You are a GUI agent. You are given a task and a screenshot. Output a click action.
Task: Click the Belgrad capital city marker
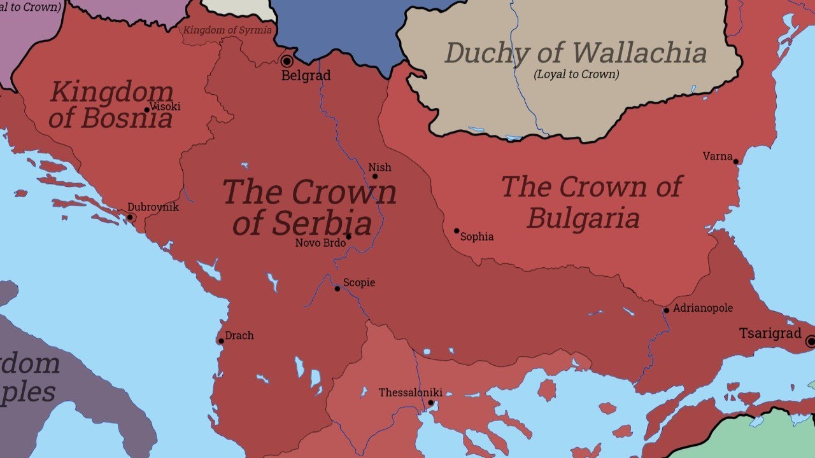pos(287,61)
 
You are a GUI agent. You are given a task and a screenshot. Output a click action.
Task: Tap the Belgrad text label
pos(306,76)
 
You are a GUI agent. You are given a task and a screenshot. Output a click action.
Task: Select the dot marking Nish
pos(374,177)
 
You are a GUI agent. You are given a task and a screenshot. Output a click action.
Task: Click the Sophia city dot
pos(457,231)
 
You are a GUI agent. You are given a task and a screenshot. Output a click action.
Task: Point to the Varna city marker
pos(736,162)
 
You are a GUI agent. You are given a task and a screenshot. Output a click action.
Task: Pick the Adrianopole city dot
pos(667,310)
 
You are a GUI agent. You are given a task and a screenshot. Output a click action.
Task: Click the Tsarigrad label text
pos(770,333)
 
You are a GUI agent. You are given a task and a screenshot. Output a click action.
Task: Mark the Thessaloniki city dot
pos(431,403)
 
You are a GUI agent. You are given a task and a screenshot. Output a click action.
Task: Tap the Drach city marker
pos(221,341)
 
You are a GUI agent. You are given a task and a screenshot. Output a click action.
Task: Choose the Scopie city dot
pos(337,289)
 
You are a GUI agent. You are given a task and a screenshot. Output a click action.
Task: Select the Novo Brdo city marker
pos(348,237)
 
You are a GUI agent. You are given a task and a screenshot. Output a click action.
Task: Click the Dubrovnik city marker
pos(130,218)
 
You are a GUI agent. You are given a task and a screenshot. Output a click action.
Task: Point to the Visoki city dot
pos(146,109)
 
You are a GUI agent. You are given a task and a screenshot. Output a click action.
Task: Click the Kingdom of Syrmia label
pos(227,30)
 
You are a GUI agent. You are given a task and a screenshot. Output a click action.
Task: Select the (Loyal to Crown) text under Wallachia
pos(576,74)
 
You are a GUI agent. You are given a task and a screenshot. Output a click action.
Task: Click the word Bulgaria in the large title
pos(583,218)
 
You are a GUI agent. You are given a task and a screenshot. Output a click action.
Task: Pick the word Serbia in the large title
pos(323,223)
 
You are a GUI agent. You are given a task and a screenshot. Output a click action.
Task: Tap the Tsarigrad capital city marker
pos(811,342)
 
